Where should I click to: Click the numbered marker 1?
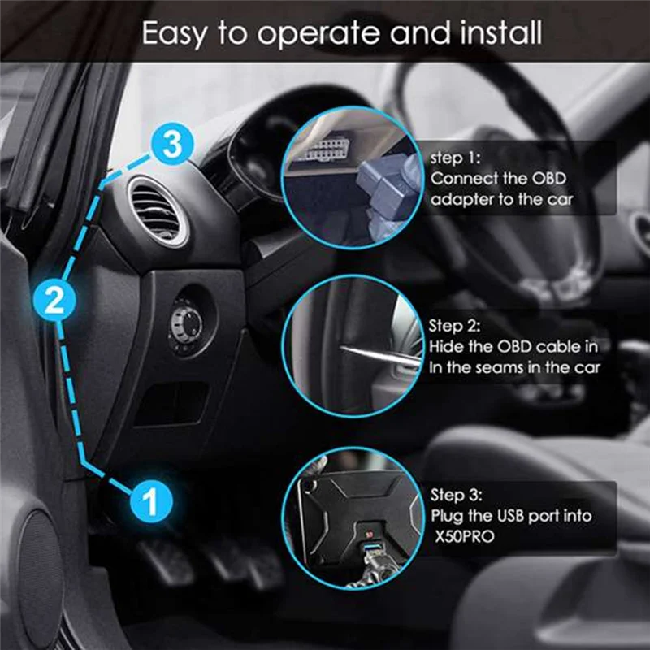click(x=150, y=499)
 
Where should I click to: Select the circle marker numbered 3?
click(x=171, y=146)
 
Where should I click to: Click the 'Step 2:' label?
click(x=455, y=327)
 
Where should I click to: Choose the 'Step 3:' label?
click(x=456, y=495)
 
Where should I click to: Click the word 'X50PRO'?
click(x=463, y=535)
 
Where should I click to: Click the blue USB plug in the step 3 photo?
click(x=367, y=554)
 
